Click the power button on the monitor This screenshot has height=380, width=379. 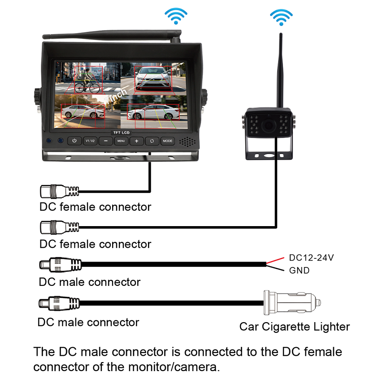click(74, 141)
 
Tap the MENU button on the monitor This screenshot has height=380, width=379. click(121, 141)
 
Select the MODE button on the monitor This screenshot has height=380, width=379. click(167, 141)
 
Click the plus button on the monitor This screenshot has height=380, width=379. click(136, 141)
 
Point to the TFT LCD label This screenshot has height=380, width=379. click(122, 132)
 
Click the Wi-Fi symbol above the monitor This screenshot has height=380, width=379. click(176, 16)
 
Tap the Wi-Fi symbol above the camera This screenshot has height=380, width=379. click(281, 17)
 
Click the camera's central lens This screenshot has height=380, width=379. click(268, 126)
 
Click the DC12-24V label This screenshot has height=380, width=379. click(311, 258)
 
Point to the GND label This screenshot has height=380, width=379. click(299, 270)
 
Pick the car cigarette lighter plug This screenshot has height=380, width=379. click(292, 303)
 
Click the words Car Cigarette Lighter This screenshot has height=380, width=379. click(295, 327)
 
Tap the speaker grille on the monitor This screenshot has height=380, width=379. click(187, 142)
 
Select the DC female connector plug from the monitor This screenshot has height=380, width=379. click(59, 192)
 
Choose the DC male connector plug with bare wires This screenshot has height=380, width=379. click(61, 264)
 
